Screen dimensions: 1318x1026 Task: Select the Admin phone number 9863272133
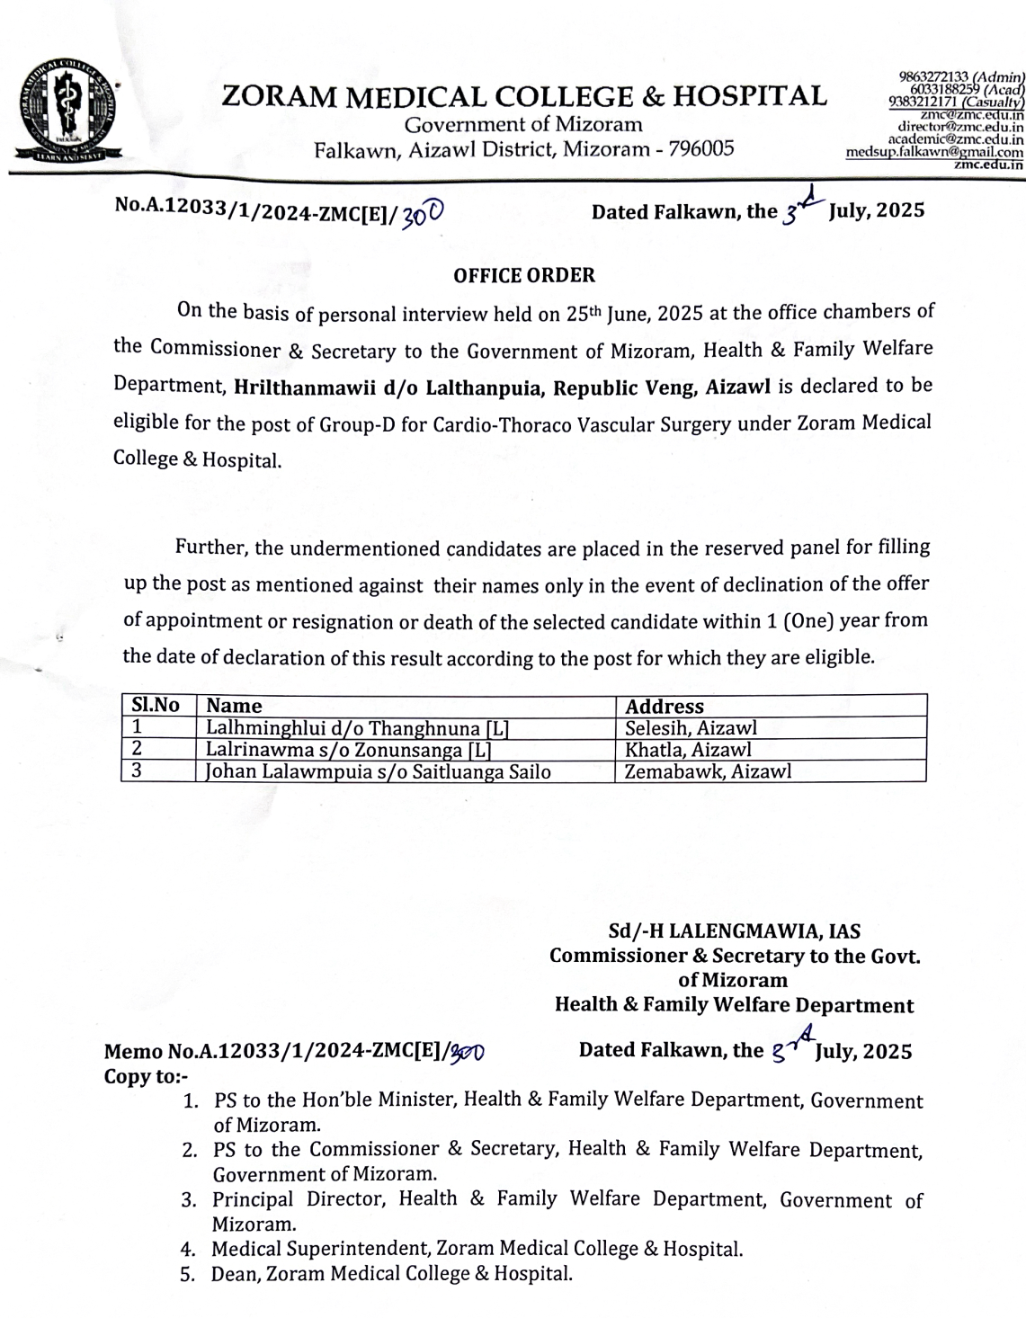point(936,77)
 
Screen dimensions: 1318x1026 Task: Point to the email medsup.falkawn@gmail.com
point(935,152)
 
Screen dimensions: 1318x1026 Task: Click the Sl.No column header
point(156,706)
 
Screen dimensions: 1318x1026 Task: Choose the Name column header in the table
point(234,706)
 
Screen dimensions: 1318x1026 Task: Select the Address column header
point(665,707)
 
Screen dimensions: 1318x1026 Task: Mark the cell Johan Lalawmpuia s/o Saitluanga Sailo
point(379,771)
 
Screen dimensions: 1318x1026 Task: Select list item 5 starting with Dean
point(391,1273)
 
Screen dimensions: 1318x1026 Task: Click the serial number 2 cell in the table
point(138,749)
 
